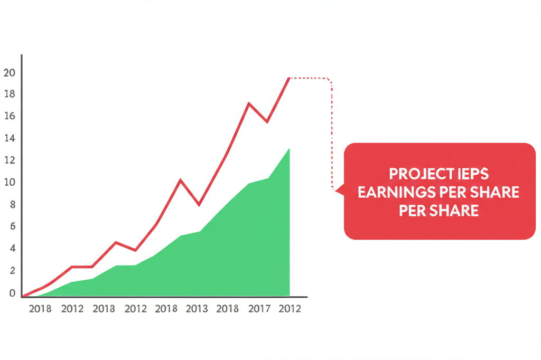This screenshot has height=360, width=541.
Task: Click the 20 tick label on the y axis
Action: pos(9,73)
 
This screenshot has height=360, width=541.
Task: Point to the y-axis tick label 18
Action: pos(9,94)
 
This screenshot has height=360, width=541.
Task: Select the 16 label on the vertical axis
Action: pos(9,116)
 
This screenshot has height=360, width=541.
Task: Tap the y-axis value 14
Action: pos(9,138)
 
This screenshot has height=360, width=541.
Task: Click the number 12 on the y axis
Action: pos(9,160)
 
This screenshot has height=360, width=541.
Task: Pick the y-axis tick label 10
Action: pos(9,183)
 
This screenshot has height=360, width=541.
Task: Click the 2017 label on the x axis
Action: pos(259,309)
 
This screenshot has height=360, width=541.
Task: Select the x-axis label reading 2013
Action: pos(197,309)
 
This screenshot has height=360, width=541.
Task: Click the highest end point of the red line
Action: pos(289,78)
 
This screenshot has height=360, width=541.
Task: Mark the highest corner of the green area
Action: pos(289,149)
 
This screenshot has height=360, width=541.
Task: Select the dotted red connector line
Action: pos(332,132)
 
